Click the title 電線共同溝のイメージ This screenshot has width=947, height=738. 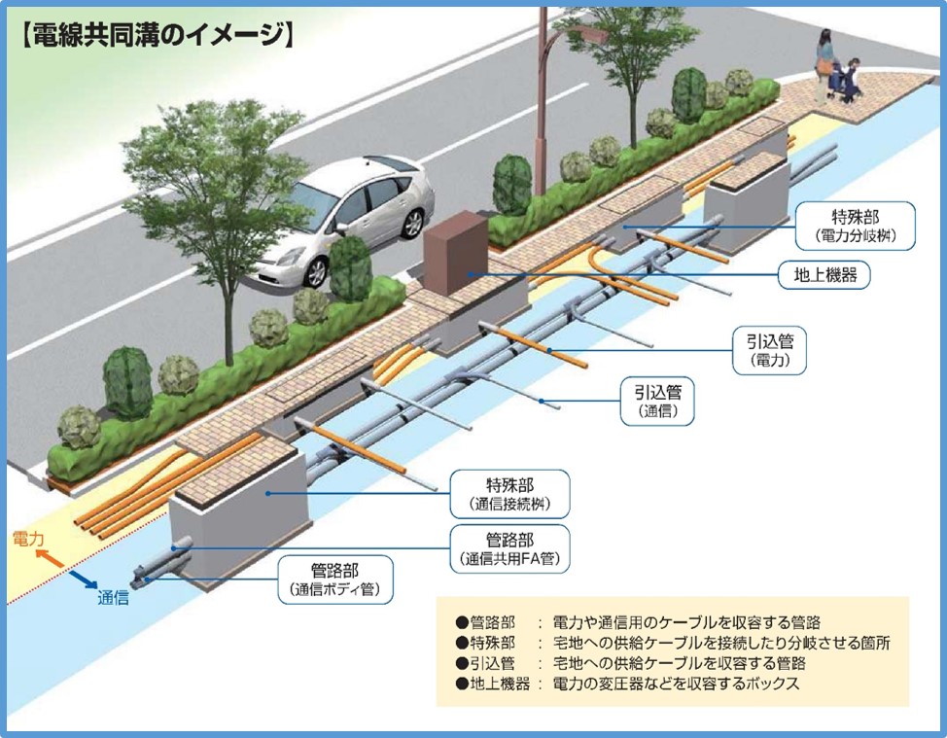pos(156,37)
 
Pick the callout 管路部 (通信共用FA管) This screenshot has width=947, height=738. pos(511,549)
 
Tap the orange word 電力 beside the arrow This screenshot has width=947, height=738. pos(27,537)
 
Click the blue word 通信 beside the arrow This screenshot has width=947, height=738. pos(113,598)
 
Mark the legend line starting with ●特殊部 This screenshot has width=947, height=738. pos(671,643)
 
